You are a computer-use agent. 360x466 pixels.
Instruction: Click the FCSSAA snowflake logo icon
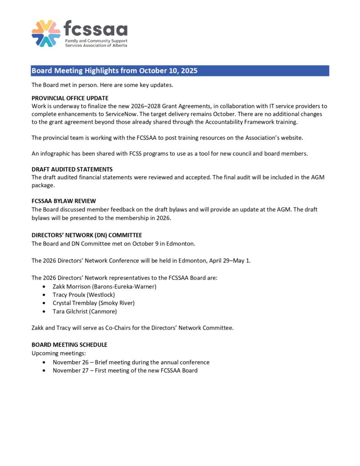pyautogui.click(x=46, y=33)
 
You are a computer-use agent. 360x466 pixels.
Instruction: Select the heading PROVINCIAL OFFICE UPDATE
pyautogui.click(x=70, y=98)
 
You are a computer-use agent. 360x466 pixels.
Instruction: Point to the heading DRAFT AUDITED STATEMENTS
pyautogui.click(x=72, y=169)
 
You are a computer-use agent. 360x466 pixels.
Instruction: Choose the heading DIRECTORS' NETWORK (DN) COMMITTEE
pyautogui.click(x=86, y=235)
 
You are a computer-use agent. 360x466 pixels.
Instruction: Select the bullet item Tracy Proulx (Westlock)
pyautogui.click(x=85, y=294)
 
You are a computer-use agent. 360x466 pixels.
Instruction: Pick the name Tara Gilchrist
pyautogui.click(x=70, y=311)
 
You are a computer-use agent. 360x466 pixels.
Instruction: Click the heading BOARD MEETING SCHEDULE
pyautogui.click(x=69, y=344)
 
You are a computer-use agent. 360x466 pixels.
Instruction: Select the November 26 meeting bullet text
pyautogui.click(x=131, y=362)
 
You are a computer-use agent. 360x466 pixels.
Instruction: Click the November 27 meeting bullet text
pyautogui.click(x=125, y=370)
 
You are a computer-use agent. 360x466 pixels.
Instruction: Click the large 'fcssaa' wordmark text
pyautogui.click(x=96, y=30)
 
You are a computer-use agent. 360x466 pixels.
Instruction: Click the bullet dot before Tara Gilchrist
pyautogui.click(x=43, y=311)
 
